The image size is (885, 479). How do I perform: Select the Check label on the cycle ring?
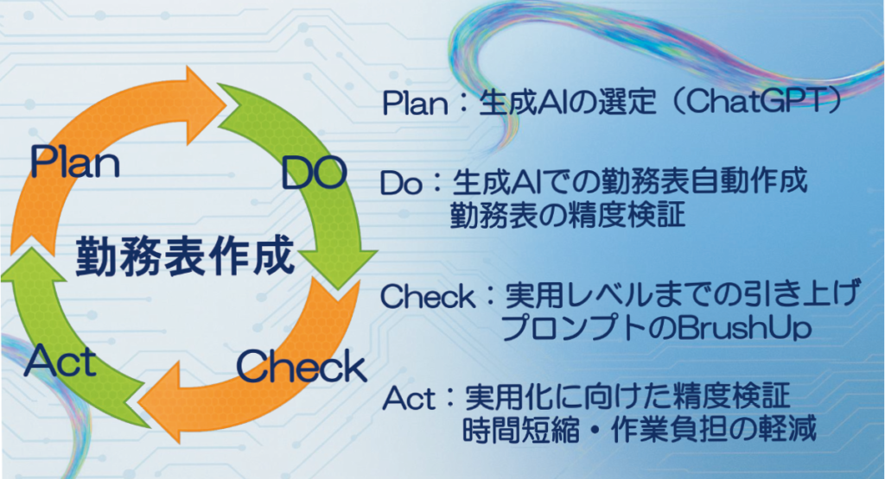coord(301,367)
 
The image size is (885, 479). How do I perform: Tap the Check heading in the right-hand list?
coord(428,298)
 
